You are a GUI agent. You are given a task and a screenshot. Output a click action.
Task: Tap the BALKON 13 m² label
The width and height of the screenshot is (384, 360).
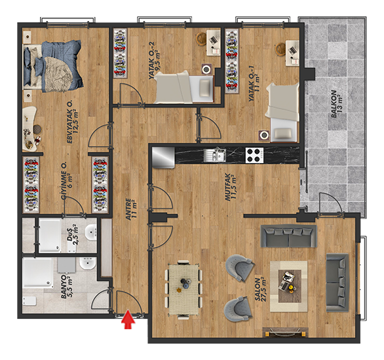[x=337, y=104]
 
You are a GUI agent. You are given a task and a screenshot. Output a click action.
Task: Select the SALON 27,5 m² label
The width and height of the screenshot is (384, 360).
[x=261, y=289]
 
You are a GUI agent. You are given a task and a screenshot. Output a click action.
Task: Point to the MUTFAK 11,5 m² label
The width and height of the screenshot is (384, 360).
[x=231, y=187]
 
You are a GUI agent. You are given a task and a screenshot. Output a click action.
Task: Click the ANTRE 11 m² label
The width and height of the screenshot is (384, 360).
[x=131, y=209]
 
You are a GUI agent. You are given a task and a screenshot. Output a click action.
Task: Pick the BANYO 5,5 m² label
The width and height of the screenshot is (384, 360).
[x=66, y=287]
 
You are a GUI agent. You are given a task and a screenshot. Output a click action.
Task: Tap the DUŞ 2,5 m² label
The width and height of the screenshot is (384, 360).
[x=73, y=234]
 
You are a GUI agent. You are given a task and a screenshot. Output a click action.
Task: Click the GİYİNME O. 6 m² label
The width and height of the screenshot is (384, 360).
[x=67, y=181]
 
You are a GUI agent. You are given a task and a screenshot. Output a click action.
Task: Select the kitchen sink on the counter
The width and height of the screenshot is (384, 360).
[x=215, y=154]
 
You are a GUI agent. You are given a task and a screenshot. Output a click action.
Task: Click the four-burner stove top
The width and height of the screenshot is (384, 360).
[x=255, y=155]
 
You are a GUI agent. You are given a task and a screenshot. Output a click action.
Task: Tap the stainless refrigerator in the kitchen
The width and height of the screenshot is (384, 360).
[x=163, y=157]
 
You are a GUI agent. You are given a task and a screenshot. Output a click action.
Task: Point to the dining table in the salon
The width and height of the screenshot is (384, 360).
[x=184, y=289]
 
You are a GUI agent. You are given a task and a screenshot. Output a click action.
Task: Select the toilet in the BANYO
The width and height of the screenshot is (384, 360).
[x=29, y=301]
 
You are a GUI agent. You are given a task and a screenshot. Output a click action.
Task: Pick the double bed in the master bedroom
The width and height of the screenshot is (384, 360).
[x=52, y=66]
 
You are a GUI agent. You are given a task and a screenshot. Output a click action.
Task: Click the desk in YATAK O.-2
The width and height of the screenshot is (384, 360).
[x=213, y=43]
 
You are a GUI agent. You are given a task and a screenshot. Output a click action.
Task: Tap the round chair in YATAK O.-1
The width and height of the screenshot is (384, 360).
[x=280, y=49]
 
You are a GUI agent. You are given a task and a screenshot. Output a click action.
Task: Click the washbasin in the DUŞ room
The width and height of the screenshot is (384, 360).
[x=90, y=232]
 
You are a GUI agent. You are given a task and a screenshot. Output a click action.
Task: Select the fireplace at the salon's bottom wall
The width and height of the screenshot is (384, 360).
[x=285, y=333]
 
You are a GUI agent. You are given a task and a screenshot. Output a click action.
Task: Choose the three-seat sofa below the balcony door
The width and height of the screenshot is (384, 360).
[x=288, y=236]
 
